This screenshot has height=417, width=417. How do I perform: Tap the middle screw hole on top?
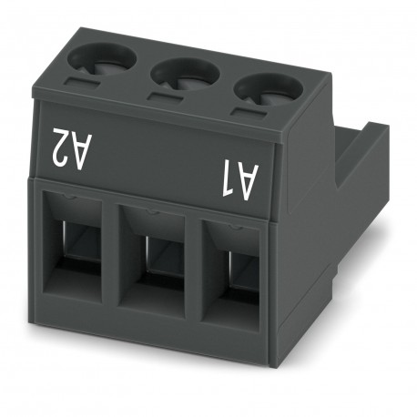tap(181, 74)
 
